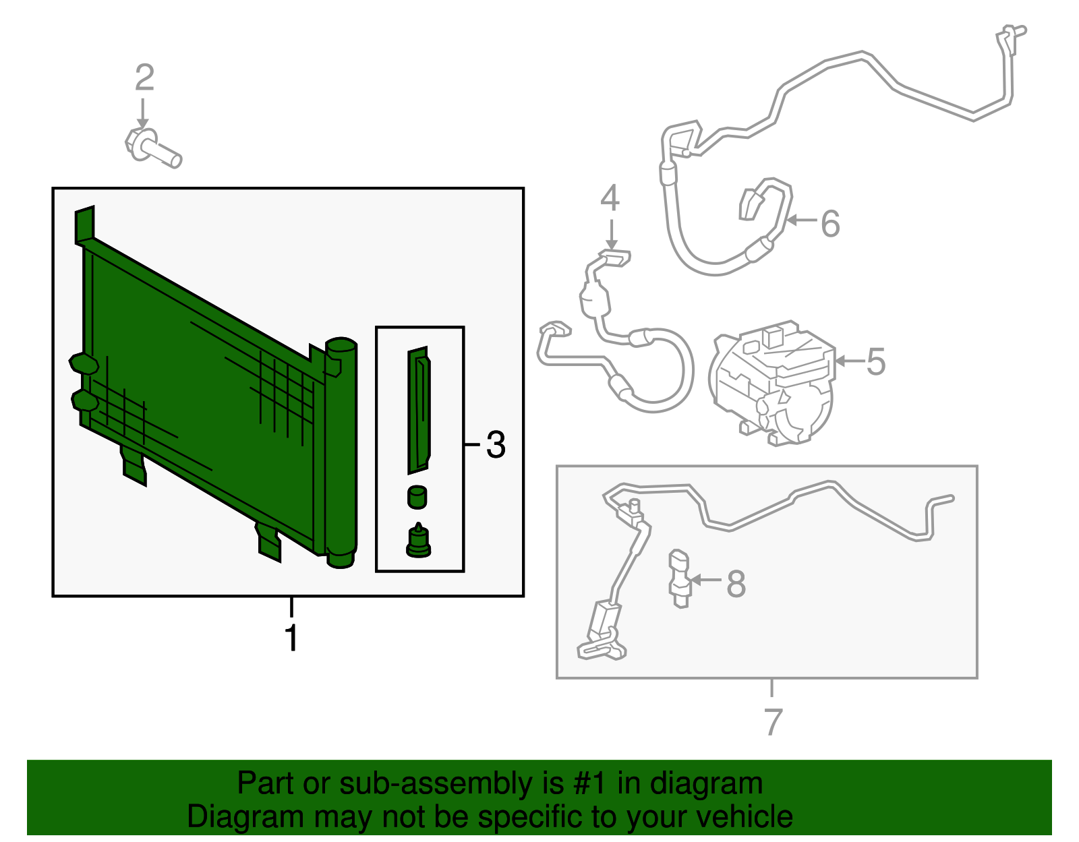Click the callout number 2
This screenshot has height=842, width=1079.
coord(144,78)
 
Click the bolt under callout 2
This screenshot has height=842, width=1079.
coord(153,148)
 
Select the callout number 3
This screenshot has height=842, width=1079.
coord(496,444)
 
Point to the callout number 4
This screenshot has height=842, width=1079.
coord(610,198)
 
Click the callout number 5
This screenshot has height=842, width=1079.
coord(876,361)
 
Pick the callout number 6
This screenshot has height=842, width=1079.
coord(831,223)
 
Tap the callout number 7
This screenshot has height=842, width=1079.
coord(773,722)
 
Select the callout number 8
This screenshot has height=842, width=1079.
coord(736,584)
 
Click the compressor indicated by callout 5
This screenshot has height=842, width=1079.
coord(773,383)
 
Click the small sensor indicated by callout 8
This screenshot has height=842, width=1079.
coord(680,578)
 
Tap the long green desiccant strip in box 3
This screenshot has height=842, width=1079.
coord(419,411)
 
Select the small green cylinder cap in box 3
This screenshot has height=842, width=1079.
coord(417,497)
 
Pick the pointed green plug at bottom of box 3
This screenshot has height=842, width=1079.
coord(418,541)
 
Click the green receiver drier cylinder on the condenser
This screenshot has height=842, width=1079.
coord(341,452)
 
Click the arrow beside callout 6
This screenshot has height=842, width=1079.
coord(801,220)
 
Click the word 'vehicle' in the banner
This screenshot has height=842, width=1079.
coord(745,816)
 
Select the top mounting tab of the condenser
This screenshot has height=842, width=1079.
coord(84,224)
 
